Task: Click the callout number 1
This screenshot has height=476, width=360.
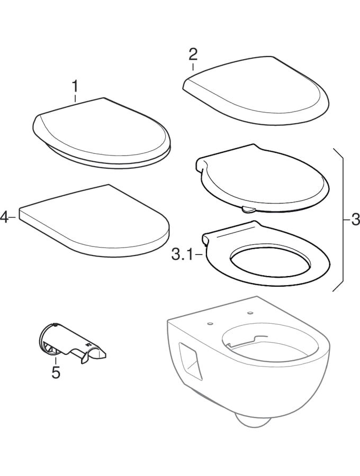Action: (x=75, y=87)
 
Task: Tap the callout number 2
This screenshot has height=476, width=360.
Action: (x=193, y=54)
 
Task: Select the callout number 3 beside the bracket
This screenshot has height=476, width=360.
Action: (x=355, y=219)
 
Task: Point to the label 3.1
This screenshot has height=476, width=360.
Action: (x=182, y=255)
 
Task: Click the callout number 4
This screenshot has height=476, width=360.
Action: (x=4, y=217)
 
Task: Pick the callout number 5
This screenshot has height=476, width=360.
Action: (x=56, y=372)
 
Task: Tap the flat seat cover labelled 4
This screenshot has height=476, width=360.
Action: (x=94, y=221)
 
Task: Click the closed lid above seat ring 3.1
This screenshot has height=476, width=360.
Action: (x=262, y=179)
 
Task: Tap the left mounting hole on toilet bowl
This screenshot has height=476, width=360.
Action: (x=209, y=324)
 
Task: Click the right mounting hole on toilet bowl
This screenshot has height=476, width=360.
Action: (x=250, y=313)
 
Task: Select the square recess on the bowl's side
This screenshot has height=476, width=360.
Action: (x=190, y=362)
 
